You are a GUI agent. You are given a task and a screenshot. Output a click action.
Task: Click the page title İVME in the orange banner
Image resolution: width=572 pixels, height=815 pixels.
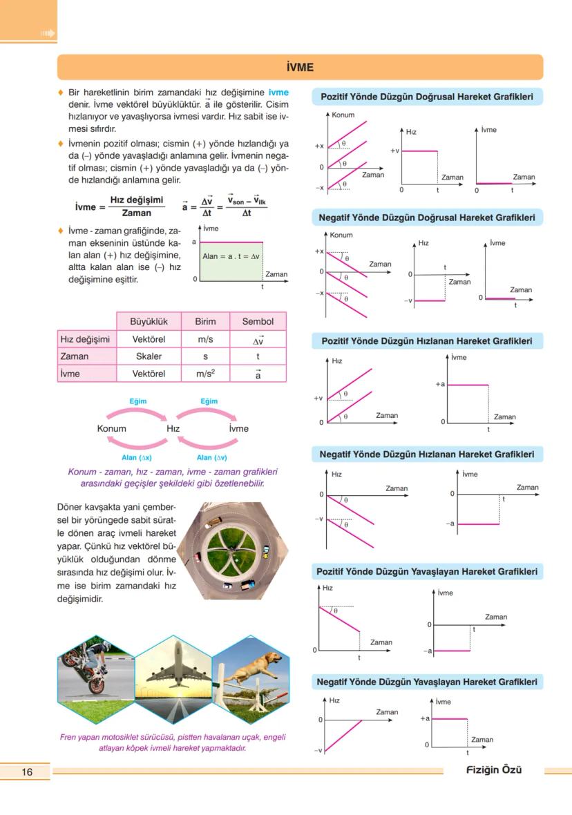pos(299,68)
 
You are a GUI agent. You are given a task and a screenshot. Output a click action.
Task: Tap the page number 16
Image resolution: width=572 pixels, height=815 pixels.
pos(27,771)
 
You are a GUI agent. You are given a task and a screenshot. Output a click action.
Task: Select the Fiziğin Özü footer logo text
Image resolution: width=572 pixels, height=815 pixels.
pos(493,771)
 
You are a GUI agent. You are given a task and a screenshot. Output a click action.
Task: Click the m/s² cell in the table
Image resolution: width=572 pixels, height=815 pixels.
pos(205,374)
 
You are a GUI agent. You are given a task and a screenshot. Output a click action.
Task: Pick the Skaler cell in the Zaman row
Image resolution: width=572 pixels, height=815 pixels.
pos(149,356)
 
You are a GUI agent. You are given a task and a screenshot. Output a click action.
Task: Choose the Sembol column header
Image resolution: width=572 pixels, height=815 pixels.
pos(258,321)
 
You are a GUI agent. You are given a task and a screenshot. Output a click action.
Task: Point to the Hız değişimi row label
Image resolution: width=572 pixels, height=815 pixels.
pos(86,339)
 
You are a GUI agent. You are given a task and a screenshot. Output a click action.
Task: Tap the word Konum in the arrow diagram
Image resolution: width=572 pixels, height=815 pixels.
pos(112,428)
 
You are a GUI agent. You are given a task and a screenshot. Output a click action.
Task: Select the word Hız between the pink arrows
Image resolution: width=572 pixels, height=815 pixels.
pos(173,428)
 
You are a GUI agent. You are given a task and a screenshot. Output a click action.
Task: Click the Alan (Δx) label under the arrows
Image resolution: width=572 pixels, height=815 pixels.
pos(136,457)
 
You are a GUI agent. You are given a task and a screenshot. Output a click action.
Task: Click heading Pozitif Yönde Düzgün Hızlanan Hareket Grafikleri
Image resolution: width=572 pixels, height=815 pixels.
pos(427,341)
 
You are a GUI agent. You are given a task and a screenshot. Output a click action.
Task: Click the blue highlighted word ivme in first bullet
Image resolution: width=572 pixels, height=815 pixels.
pos(278,93)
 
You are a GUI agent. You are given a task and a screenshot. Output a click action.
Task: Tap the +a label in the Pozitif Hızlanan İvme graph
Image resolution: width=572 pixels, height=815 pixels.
pos(439,384)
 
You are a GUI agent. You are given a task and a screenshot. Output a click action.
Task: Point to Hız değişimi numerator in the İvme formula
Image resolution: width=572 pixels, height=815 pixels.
pos(136,200)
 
